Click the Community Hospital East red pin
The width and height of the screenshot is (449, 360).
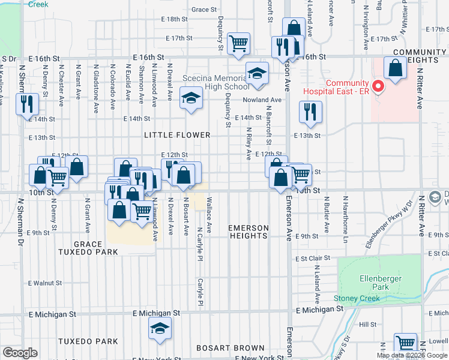point(378,87)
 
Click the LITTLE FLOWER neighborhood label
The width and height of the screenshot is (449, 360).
point(177,136)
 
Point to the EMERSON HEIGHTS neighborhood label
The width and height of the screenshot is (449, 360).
point(248,232)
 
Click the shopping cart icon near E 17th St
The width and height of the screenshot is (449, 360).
point(239,43)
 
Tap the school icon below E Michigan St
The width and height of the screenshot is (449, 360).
point(160,328)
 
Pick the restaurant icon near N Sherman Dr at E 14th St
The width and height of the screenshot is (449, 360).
point(26,103)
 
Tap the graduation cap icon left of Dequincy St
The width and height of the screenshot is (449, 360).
point(191,97)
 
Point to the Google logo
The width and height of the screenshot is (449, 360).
point(20,353)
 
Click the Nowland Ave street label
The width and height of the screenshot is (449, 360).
point(262,100)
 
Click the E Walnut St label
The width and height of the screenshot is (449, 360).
point(45,283)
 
